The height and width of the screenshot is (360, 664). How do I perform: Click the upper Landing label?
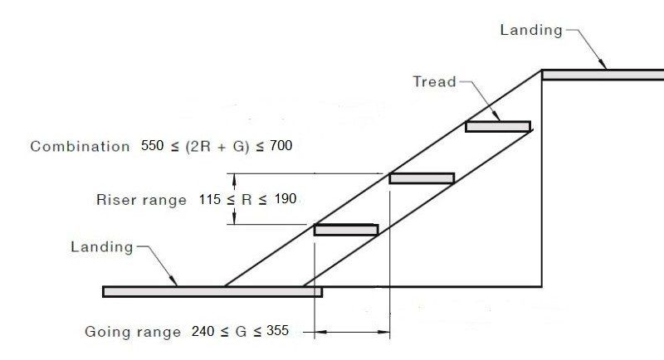[x=531, y=31]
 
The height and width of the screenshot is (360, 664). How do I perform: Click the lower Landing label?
[x=102, y=247]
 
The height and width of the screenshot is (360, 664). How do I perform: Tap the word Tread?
[x=435, y=81]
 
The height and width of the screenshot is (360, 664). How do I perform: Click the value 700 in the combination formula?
[x=281, y=146]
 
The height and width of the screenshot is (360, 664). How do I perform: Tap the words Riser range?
[x=141, y=200]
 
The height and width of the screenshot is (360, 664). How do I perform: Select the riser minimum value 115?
[x=210, y=200]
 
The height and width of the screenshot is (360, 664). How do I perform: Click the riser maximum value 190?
[x=282, y=200]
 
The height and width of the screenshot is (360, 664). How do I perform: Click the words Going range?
[x=133, y=332]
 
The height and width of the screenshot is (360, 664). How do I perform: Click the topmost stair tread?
[x=497, y=127]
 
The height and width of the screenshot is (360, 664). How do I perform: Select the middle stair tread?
[x=422, y=178]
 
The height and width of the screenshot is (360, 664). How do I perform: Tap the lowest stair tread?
[x=346, y=230]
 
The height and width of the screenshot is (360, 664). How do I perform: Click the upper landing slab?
[x=603, y=75]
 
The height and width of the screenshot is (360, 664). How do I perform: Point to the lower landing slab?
[x=212, y=291]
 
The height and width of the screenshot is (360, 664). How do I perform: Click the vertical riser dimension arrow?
[x=236, y=199]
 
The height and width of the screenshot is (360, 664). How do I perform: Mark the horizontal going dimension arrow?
[x=352, y=333]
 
